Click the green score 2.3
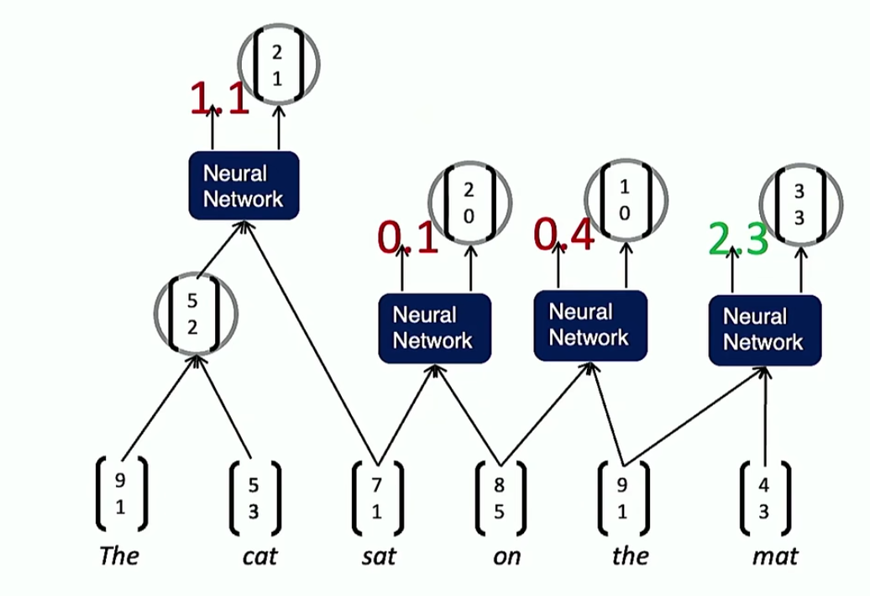point(738,240)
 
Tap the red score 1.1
point(219,99)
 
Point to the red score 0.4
point(564,235)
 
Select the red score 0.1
point(408,239)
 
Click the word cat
point(259,555)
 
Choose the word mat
point(775,555)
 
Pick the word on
point(506,555)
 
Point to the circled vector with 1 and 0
point(626,200)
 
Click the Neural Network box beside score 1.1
point(244,186)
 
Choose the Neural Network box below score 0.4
point(589,325)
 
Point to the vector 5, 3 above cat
point(254,498)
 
